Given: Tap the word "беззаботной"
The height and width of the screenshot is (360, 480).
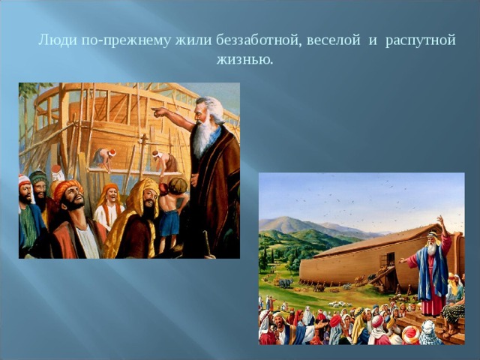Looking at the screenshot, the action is click(x=256, y=40).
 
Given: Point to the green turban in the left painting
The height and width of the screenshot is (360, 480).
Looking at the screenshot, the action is click(x=38, y=177).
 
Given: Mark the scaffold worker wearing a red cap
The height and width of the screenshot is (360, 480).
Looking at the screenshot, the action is click(x=105, y=158).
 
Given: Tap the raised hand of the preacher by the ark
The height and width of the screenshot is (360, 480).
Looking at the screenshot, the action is click(x=440, y=220).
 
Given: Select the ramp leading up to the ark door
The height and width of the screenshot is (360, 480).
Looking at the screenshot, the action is click(x=380, y=276).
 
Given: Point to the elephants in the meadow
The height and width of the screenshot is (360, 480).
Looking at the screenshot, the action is click(x=285, y=283).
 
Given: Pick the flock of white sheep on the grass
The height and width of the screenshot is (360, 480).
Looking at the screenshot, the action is click(x=339, y=304).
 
